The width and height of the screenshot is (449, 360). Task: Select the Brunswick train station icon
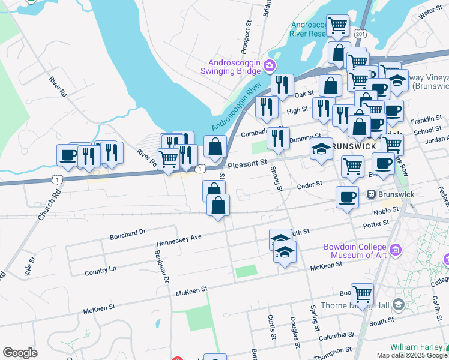tap(371, 194)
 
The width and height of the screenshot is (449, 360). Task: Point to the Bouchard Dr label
tap(127, 234)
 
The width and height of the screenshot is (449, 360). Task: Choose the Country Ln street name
tap(100, 270)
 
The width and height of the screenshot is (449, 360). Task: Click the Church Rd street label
tap(49, 205)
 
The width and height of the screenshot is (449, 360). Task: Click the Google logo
tap(20, 353)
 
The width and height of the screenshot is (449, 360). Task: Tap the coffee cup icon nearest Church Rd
tap(68, 155)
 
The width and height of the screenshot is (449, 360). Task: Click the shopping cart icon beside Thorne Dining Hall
tap(362, 294)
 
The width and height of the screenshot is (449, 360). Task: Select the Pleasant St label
tap(246, 163)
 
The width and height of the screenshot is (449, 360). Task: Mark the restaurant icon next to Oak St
tap(282, 85)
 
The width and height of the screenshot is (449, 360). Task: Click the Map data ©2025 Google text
tap(412, 355)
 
